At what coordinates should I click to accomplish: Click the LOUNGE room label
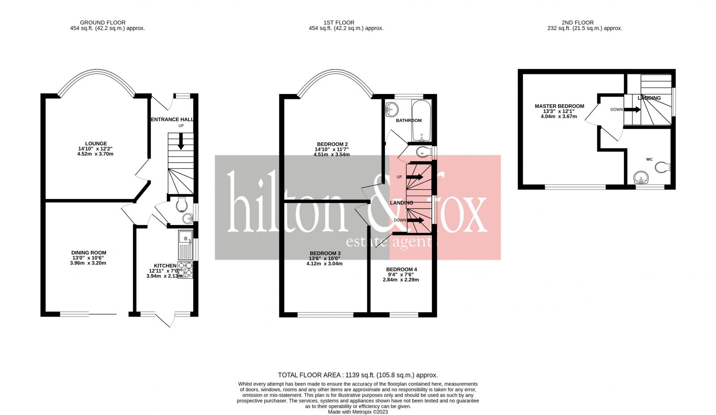[96, 144]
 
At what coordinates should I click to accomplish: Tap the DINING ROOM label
[89, 253]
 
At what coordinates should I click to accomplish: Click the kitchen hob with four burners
[185, 270]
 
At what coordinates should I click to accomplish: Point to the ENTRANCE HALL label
[172, 119]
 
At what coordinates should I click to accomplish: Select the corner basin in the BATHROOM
[392, 108]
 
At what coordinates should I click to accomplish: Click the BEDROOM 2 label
[332, 144]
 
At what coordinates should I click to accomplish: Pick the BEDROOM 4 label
[401, 270]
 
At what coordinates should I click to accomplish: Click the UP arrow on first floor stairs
[415, 177]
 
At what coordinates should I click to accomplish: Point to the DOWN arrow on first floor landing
[416, 220]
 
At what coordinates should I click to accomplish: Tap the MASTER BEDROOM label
[559, 106]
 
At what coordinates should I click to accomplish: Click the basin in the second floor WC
[642, 178]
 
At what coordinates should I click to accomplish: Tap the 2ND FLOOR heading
[577, 22]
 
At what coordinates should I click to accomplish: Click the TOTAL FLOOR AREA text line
[358, 375]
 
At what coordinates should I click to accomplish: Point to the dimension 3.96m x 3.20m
[88, 263]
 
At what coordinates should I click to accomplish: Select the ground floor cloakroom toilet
[182, 204]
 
